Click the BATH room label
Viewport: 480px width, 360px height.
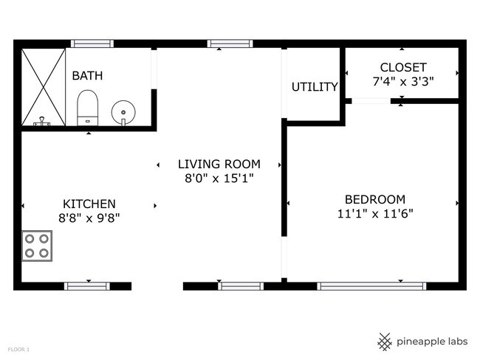(87, 75)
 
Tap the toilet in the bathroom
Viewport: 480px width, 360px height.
(88, 108)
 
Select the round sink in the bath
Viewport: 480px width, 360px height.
(123, 112)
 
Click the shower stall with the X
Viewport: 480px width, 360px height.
(43, 87)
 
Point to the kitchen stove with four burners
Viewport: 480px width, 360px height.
(37, 246)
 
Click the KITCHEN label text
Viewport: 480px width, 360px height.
(89, 204)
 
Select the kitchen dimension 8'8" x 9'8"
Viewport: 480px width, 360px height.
(89, 218)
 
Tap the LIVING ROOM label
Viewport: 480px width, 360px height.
(219, 164)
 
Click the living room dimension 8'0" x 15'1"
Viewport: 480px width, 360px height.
(219, 178)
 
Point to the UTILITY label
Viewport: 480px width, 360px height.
(315, 87)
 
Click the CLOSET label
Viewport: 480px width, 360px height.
(403, 67)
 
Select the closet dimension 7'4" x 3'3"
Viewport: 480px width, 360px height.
(403, 82)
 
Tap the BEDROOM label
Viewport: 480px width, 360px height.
(375, 199)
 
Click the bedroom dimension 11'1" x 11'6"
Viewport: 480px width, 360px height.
(375, 213)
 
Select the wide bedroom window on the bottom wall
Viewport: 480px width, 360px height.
(371, 286)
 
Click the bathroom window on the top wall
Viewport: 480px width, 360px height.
(92, 44)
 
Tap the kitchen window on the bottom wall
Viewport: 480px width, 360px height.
(87, 286)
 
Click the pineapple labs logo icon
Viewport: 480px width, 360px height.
(385, 342)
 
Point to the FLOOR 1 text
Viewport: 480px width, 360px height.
(18, 349)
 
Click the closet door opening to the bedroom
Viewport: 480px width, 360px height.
(371, 101)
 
